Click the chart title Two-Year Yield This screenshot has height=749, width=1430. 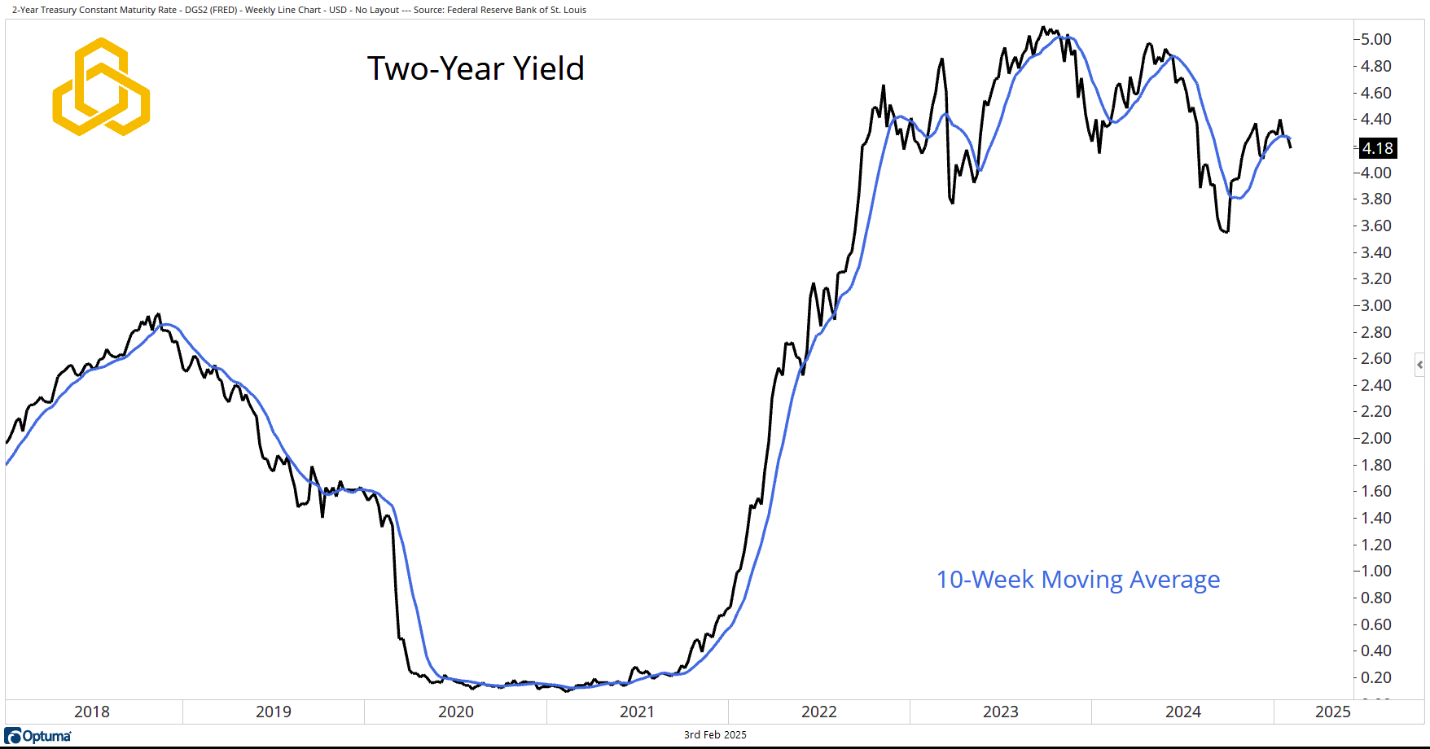point(476,69)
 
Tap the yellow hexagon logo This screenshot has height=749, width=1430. point(101,87)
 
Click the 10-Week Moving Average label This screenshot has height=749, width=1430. point(1077,580)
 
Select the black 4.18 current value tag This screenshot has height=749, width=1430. point(1377,148)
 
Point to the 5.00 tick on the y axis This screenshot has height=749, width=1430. point(1375,39)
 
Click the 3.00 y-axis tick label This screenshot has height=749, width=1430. point(1375,305)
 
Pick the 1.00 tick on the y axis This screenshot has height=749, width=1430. point(1375,571)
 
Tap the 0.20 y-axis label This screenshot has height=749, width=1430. point(1375,677)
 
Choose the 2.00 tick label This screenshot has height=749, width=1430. point(1375,438)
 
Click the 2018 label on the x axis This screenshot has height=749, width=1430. point(92,712)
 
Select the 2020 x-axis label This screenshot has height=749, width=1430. point(456,712)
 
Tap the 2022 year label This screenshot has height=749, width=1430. point(819,712)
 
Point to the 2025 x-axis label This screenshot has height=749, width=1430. point(1332,712)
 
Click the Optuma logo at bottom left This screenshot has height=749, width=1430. point(38,736)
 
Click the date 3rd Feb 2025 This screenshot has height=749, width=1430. point(715,734)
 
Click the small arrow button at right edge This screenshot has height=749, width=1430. point(1420,365)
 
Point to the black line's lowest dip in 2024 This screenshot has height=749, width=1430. point(1226,232)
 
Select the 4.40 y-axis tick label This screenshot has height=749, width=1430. point(1375,119)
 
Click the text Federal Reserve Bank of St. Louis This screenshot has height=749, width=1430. point(516,10)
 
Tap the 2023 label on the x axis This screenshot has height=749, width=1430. point(1001,712)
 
